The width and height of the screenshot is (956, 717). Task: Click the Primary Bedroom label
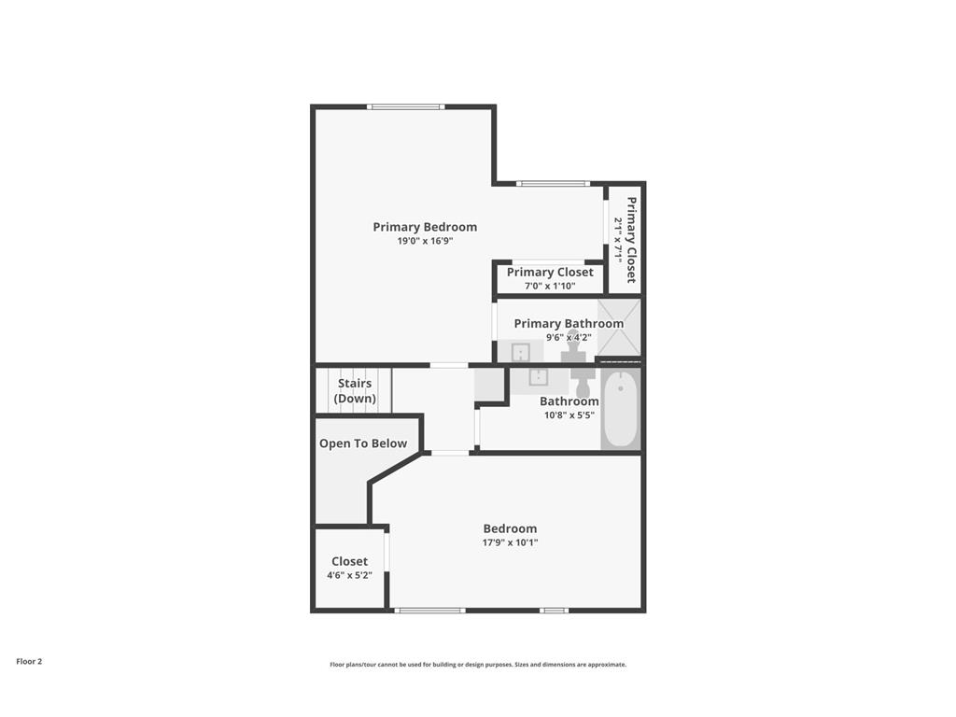[425, 227]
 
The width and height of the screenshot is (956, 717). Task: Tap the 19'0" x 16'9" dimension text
[425, 241]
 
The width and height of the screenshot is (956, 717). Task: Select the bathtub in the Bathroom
[620, 411]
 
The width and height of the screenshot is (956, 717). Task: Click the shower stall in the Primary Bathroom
[619, 328]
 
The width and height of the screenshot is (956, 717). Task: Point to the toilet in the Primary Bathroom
[573, 346]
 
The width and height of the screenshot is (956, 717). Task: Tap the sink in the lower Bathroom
[539, 376]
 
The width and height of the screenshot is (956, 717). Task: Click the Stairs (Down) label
[355, 391]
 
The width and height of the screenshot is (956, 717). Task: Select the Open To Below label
[363, 443]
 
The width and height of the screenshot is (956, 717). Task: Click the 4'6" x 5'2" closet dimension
[349, 575]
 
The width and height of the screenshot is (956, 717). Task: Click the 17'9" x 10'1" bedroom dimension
[510, 542]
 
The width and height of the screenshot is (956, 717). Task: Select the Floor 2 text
[29, 661]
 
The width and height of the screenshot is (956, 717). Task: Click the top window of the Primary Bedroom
[405, 106]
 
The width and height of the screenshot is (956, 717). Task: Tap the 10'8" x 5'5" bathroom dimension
[569, 415]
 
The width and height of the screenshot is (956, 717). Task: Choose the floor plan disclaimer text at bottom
[477, 665]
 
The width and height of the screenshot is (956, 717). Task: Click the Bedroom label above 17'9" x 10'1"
[510, 528]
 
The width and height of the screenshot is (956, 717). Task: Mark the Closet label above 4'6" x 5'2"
[349, 561]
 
